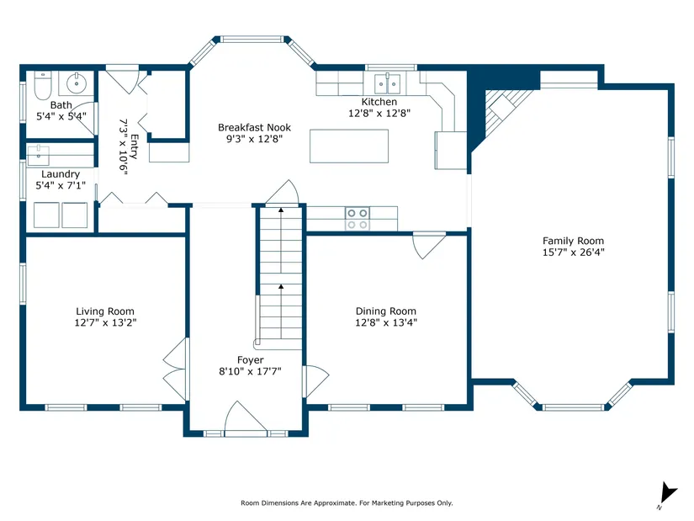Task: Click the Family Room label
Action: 573,241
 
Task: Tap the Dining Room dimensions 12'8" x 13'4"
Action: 386,322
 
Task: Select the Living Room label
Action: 105,311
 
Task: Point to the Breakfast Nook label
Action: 255,128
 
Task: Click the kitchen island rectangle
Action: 349,146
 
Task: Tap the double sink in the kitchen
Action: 387,83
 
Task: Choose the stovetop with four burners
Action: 358,219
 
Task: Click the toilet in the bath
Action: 43,85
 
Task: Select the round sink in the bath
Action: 77,82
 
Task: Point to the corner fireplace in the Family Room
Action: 504,112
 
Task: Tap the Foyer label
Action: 250,360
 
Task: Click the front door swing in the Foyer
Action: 245,416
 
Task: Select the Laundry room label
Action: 61,174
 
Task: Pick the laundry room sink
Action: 39,155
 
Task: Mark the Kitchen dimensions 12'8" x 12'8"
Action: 379,113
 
